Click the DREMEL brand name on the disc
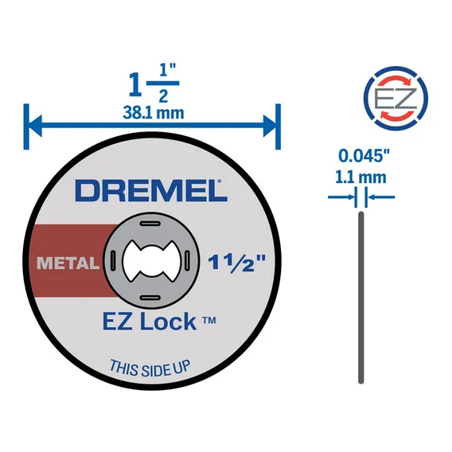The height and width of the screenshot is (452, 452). [151, 190]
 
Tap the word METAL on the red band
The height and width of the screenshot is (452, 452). [68, 263]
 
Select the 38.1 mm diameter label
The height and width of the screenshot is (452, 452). [154, 112]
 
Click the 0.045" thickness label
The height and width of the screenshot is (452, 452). [364, 156]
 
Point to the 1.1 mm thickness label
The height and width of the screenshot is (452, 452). [360, 177]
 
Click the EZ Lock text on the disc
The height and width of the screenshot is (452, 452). [159, 321]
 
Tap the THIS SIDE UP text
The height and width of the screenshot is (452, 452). [150, 368]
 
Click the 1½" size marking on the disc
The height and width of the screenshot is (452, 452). [236, 262]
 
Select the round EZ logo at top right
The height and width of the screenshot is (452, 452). [395, 99]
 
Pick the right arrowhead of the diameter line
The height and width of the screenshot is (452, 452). [270, 126]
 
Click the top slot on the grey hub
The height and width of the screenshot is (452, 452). [150, 224]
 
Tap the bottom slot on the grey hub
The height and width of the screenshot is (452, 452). [150, 298]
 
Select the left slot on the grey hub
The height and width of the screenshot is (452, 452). [113, 260]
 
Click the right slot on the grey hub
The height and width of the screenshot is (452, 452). [187, 260]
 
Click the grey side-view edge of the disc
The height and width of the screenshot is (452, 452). [361, 298]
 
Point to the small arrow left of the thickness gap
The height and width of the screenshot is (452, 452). [341, 197]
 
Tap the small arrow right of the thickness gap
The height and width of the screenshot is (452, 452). [381, 197]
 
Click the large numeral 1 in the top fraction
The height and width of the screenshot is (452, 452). [135, 84]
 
